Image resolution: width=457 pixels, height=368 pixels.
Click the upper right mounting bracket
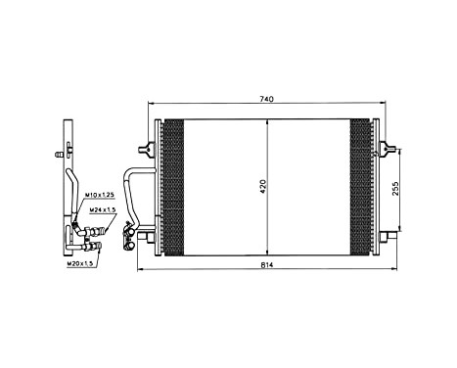tap(383, 150)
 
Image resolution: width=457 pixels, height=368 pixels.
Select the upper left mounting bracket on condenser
tap(148, 149)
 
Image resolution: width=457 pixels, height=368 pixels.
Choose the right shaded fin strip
tap(360, 186)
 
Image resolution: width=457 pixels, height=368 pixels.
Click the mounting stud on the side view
tap(61, 154)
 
